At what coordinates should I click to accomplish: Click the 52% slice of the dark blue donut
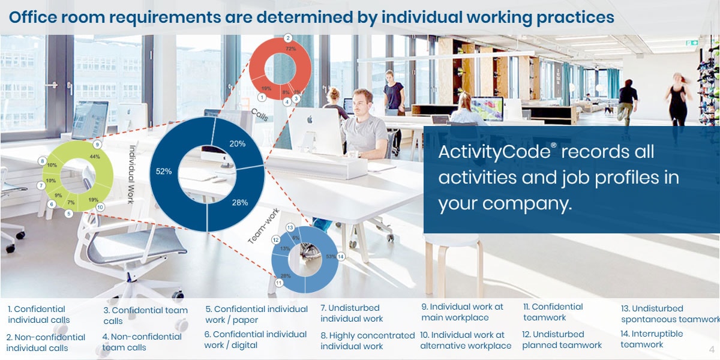click(x=163, y=172)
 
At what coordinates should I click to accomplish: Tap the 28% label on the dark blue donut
click(x=239, y=202)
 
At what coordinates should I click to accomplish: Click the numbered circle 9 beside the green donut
click(x=97, y=145)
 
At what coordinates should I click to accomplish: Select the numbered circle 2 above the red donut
click(x=287, y=38)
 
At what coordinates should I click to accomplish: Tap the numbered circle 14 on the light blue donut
click(x=341, y=257)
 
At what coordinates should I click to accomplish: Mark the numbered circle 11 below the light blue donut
click(x=278, y=283)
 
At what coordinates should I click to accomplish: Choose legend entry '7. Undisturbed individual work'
click(x=352, y=313)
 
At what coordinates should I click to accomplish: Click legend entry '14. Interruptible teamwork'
click(x=652, y=339)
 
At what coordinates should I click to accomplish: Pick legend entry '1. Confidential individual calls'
click(x=39, y=314)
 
